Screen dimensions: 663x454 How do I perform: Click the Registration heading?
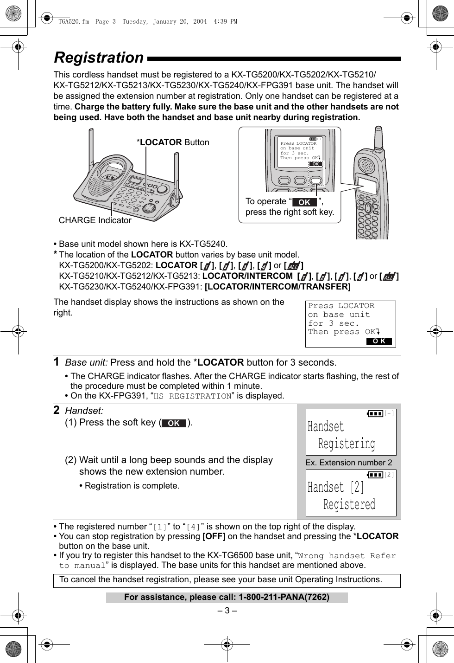(x=99, y=58)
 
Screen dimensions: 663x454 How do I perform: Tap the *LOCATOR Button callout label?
(x=173, y=142)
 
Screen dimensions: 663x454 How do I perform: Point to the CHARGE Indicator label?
(x=95, y=220)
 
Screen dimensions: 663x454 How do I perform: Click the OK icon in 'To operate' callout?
(x=304, y=202)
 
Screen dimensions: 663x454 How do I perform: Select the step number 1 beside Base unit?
(x=57, y=362)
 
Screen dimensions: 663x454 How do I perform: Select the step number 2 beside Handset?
(x=57, y=410)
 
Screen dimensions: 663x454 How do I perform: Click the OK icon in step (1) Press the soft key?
(x=174, y=423)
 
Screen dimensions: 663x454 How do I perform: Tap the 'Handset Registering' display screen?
(x=351, y=432)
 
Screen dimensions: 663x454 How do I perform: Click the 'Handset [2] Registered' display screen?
(x=351, y=493)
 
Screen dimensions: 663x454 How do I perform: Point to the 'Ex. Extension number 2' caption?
(x=348, y=463)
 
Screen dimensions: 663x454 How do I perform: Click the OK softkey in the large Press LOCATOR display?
(x=379, y=341)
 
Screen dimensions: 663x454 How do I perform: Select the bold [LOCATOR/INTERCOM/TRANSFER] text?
(x=277, y=287)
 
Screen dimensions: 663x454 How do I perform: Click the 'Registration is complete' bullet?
(x=132, y=486)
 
